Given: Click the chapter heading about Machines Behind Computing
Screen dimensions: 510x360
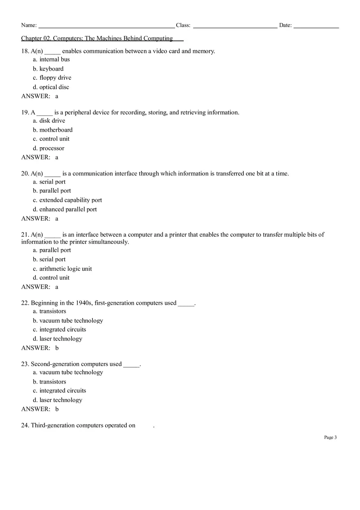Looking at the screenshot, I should [97, 38].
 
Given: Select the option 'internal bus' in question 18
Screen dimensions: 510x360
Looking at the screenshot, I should [54, 59].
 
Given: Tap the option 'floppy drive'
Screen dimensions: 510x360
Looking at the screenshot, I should [55, 78].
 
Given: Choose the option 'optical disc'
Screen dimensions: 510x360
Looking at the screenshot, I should [54, 87].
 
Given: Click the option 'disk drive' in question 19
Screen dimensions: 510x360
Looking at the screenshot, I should [52, 121].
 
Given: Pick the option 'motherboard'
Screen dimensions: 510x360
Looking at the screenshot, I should [56, 130].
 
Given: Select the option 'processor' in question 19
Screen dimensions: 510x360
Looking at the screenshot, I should [52, 148].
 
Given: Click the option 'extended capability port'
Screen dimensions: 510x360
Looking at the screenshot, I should [70, 200].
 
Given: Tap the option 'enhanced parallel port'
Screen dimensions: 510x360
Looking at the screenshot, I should [68, 209].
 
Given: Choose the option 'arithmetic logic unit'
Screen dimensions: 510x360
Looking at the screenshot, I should [65, 269].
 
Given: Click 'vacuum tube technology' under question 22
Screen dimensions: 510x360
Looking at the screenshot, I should [71, 321].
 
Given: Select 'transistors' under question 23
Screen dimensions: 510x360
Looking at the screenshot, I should [52, 382].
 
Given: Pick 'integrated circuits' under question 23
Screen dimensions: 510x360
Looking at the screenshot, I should [63, 391].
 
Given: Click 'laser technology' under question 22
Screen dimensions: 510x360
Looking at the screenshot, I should [61, 339].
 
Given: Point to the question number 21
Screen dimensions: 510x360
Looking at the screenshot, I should [25, 235].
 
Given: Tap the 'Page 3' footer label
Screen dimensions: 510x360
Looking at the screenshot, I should [330, 437].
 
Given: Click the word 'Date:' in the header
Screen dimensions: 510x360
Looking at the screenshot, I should [286, 25].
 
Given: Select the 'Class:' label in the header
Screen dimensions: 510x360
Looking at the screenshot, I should [183, 25].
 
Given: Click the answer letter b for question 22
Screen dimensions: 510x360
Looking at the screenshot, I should [57, 348].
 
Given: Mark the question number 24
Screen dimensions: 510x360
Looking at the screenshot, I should [25, 425].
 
